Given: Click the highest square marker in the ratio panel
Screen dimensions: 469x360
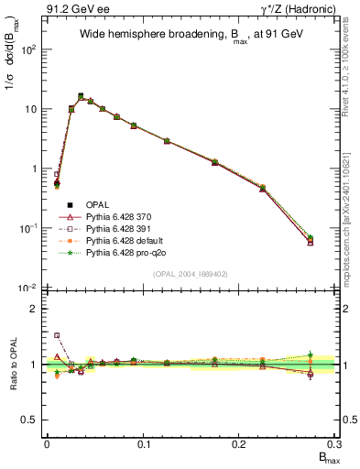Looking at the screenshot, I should tap(57, 335).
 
